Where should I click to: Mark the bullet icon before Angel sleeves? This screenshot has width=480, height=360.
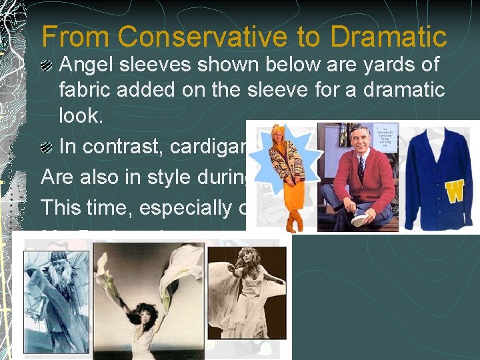(x=48, y=65)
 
